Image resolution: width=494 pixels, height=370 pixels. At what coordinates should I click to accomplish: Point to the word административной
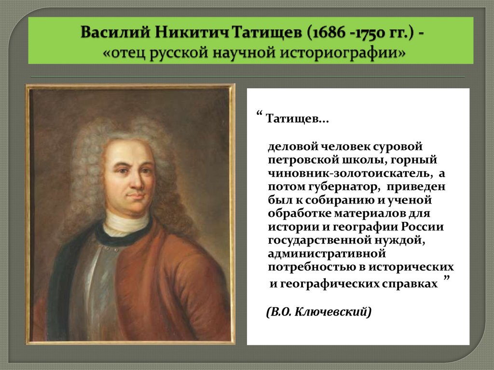pos(327,253)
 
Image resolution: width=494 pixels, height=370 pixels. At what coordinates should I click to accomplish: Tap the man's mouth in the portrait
pos(136,196)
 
